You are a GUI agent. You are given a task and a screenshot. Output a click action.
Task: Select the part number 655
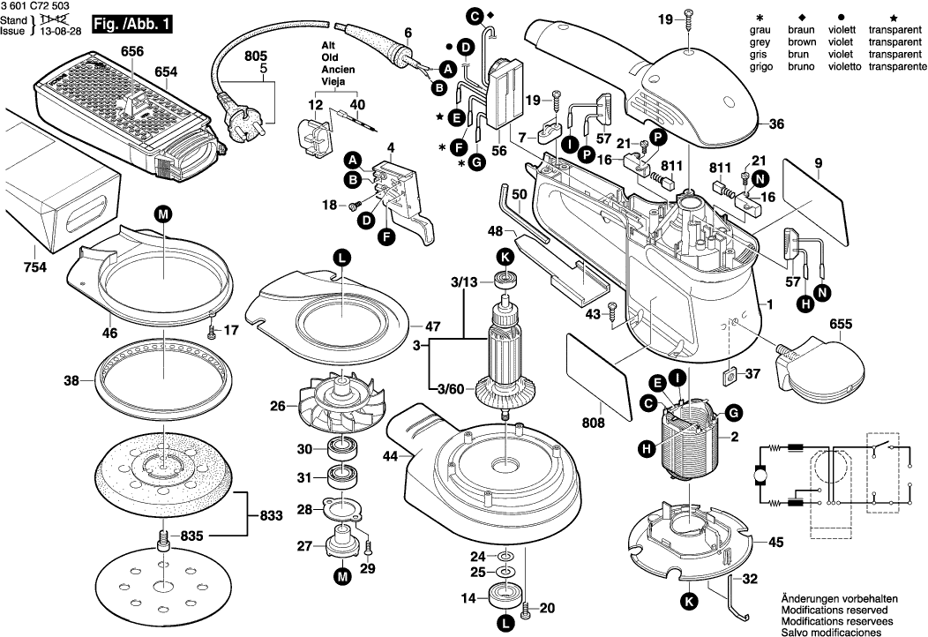click(841, 325)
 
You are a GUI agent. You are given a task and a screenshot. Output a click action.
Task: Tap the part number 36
click(776, 124)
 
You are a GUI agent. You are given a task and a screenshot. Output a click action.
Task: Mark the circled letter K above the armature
click(505, 257)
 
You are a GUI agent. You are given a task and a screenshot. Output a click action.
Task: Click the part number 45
click(775, 543)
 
